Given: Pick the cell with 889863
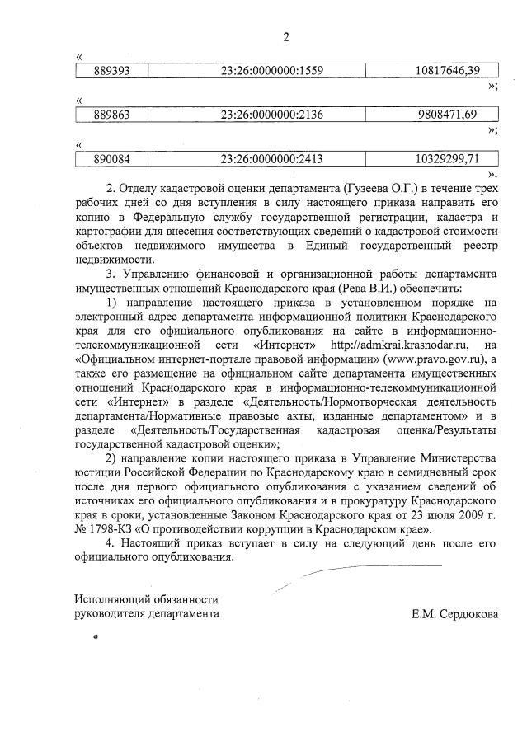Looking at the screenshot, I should (110, 114).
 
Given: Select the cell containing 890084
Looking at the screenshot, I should (110, 157).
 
